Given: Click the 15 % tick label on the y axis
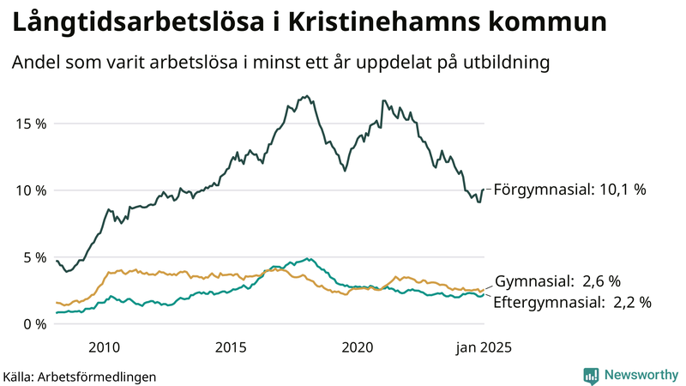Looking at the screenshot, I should click(29, 124).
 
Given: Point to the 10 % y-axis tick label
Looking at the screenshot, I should click(29, 190).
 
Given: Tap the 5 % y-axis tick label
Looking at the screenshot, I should click(33, 257).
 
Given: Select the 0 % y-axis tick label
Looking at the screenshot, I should click(33, 324).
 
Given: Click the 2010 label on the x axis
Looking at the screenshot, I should click(104, 347).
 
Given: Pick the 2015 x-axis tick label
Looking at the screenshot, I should click(231, 347).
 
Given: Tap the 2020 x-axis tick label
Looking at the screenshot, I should click(358, 347).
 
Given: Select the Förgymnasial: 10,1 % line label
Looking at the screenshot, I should click(570, 190).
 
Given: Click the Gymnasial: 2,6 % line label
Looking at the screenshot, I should click(557, 281).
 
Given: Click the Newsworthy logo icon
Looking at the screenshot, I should click(591, 375).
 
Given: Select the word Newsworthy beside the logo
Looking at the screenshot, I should click(641, 375).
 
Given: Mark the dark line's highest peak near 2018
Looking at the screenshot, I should click(306, 96).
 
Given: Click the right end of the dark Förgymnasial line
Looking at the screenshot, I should click(484, 189).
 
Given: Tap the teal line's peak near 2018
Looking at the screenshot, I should click(308, 258).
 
